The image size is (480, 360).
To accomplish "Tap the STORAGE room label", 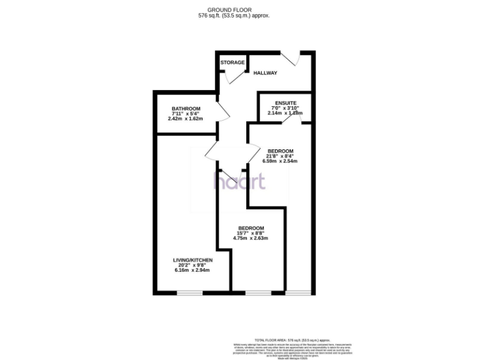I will coord(232,62).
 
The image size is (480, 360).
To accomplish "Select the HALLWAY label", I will coord(265,73).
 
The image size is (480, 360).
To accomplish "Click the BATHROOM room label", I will coord(186,108).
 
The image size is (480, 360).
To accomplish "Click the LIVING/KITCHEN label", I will coord(193,259).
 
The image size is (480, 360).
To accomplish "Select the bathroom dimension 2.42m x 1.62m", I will coord(186,118).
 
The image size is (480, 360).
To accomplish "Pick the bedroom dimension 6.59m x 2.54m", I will coord(280,161).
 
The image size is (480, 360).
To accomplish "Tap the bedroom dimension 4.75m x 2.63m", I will coord(251,238).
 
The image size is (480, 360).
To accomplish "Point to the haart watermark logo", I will coord(240,181).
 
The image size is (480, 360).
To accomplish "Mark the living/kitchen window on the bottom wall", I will coord(189,293).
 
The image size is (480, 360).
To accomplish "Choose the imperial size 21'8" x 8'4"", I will coord(280,156).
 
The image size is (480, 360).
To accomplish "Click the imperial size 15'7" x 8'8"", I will coord(251,233).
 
